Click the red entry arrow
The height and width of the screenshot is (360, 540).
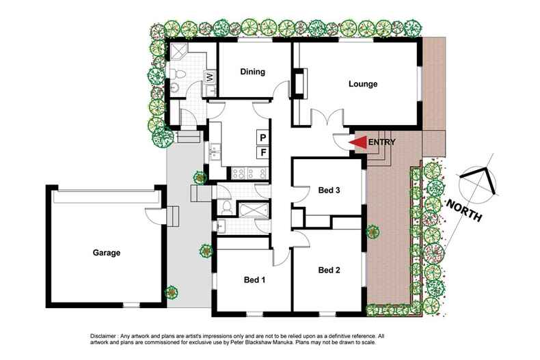coord(357,142)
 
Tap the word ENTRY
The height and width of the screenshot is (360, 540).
coord(381,142)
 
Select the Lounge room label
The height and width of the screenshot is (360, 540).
coord(363,84)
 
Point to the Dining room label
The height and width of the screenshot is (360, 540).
coord(252,72)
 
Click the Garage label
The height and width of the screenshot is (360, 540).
coord(107,253)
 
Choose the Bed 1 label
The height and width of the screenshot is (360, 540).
coord(254,279)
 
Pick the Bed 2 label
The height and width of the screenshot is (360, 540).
coord(329,270)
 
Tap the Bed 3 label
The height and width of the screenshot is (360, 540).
coord(329,190)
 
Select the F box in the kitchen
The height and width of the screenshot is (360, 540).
coord(262,152)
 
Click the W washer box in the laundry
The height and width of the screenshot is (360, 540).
coord(211,77)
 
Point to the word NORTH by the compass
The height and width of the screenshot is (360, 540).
coord(464,210)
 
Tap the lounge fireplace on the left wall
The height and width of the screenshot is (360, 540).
coord(299,83)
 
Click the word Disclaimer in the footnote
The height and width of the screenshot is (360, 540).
coord(105,337)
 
